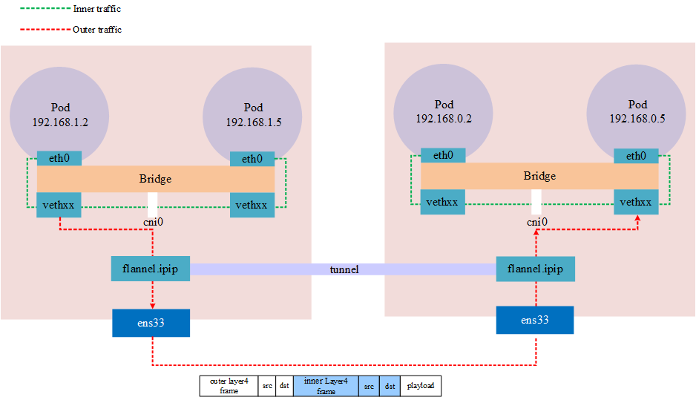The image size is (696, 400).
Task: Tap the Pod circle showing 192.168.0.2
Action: (444, 111)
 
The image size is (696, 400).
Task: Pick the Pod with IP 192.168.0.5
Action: (637, 111)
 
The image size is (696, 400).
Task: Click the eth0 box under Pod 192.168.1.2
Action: (59, 159)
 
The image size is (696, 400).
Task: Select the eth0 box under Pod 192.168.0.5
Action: (637, 156)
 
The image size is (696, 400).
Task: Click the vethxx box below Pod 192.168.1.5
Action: (252, 205)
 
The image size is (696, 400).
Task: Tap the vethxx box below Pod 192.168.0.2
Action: (443, 202)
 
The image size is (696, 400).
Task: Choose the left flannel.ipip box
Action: (151, 269)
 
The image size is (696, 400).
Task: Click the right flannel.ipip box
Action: (535, 269)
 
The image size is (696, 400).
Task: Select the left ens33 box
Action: (151, 323)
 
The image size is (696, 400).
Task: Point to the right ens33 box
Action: (535, 320)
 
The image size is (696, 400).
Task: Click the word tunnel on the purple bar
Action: (344, 269)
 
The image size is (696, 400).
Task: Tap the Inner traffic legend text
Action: (97, 10)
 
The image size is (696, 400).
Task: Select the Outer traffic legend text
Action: (97, 30)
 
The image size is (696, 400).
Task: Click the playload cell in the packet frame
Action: (420, 386)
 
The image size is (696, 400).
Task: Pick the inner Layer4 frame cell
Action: (326, 386)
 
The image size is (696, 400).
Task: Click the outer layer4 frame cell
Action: (229, 386)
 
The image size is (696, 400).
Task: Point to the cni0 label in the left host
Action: (153, 221)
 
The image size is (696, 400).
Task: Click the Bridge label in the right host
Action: (539, 176)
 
